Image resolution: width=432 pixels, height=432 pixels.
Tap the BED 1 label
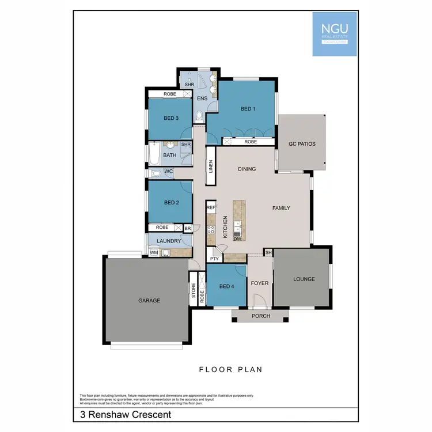[248, 109]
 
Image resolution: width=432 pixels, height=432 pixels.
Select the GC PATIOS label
[302, 144]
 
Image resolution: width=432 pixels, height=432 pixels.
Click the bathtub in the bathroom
[154, 154]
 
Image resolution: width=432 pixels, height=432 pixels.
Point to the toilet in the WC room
[156, 173]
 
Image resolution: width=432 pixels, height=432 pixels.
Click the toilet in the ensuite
[199, 116]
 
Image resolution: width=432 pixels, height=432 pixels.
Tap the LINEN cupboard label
[211, 166]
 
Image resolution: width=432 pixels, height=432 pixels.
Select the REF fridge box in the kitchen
[211, 207]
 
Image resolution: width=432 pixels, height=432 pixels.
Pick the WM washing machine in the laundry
[154, 252]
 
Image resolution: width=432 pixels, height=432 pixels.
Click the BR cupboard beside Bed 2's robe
[187, 228]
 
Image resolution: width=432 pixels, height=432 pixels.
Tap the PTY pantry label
[214, 259]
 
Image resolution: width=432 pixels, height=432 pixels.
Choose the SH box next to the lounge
[268, 252]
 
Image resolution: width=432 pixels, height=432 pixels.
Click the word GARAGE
[149, 300]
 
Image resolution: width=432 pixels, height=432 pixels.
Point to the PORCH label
[260, 316]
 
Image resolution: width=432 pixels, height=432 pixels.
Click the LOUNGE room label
[304, 279]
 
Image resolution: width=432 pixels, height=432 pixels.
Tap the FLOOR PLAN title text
[231, 369]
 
